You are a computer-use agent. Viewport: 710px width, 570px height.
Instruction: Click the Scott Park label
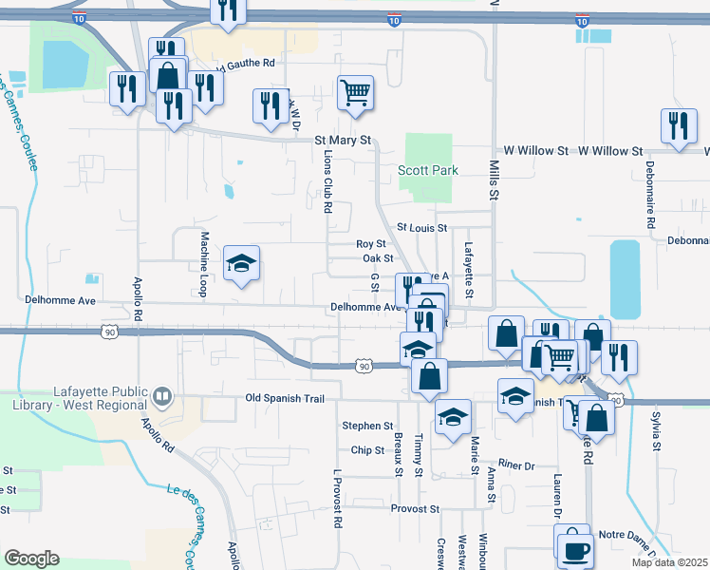427,171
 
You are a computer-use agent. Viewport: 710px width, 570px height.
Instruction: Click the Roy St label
370,244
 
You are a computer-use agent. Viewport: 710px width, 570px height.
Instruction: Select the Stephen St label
367,426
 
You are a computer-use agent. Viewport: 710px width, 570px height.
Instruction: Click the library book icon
162,396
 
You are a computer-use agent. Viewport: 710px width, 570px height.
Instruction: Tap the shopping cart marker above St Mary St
355,94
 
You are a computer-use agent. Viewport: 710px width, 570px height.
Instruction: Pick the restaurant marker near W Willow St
678,127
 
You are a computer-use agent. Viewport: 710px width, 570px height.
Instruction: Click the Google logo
31,559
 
